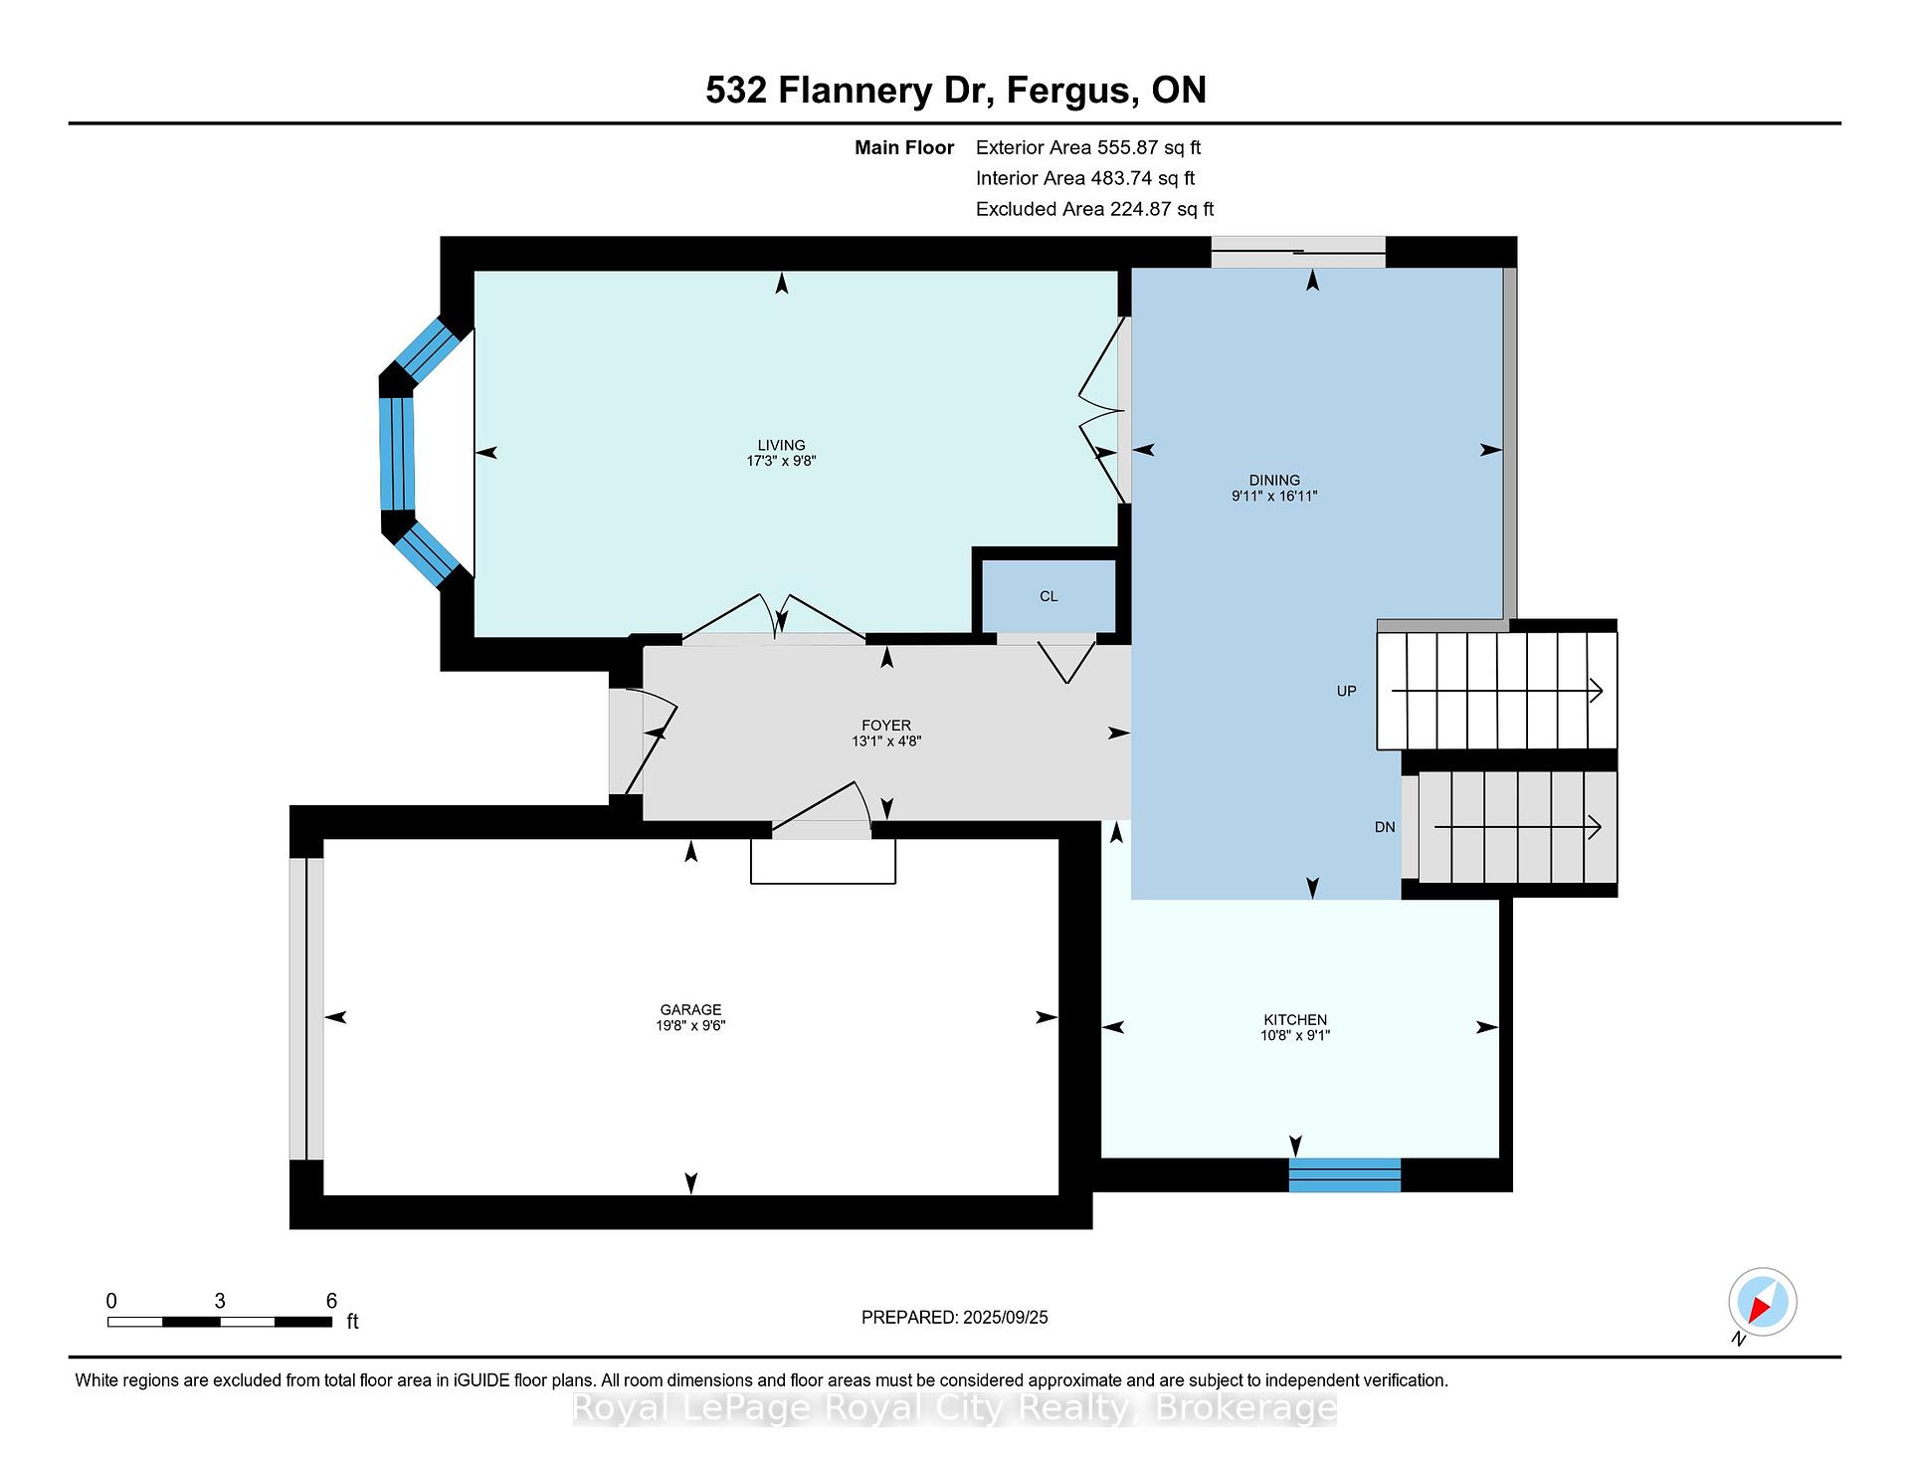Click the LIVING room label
(781, 445)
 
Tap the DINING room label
(1274, 480)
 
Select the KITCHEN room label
(1295, 1019)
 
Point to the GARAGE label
(690, 1009)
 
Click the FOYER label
(886, 726)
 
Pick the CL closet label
(1049, 596)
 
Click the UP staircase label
(1346, 691)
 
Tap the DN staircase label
(1385, 827)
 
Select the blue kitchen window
(1345, 1174)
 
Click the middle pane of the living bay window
(396, 454)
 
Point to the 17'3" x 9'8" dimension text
(781, 461)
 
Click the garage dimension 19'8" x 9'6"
(690, 1025)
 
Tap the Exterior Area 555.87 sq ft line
(1088, 147)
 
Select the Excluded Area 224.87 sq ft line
(1094, 209)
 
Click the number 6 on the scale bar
(331, 1301)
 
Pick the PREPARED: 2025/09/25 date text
(955, 1317)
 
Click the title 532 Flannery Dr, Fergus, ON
(956, 91)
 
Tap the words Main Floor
(904, 147)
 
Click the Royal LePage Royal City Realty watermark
(955, 1408)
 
